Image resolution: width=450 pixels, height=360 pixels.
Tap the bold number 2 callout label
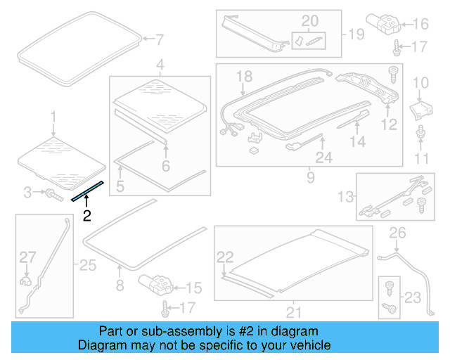click(x=87, y=216)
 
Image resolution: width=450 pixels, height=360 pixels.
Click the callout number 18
click(x=243, y=75)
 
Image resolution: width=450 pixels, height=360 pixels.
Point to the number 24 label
click(x=323, y=158)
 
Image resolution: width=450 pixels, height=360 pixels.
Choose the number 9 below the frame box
click(x=310, y=179)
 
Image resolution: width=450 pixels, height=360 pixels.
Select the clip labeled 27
click(x=26, y=281)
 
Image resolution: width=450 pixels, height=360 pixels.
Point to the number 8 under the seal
click(x=119, y=285)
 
